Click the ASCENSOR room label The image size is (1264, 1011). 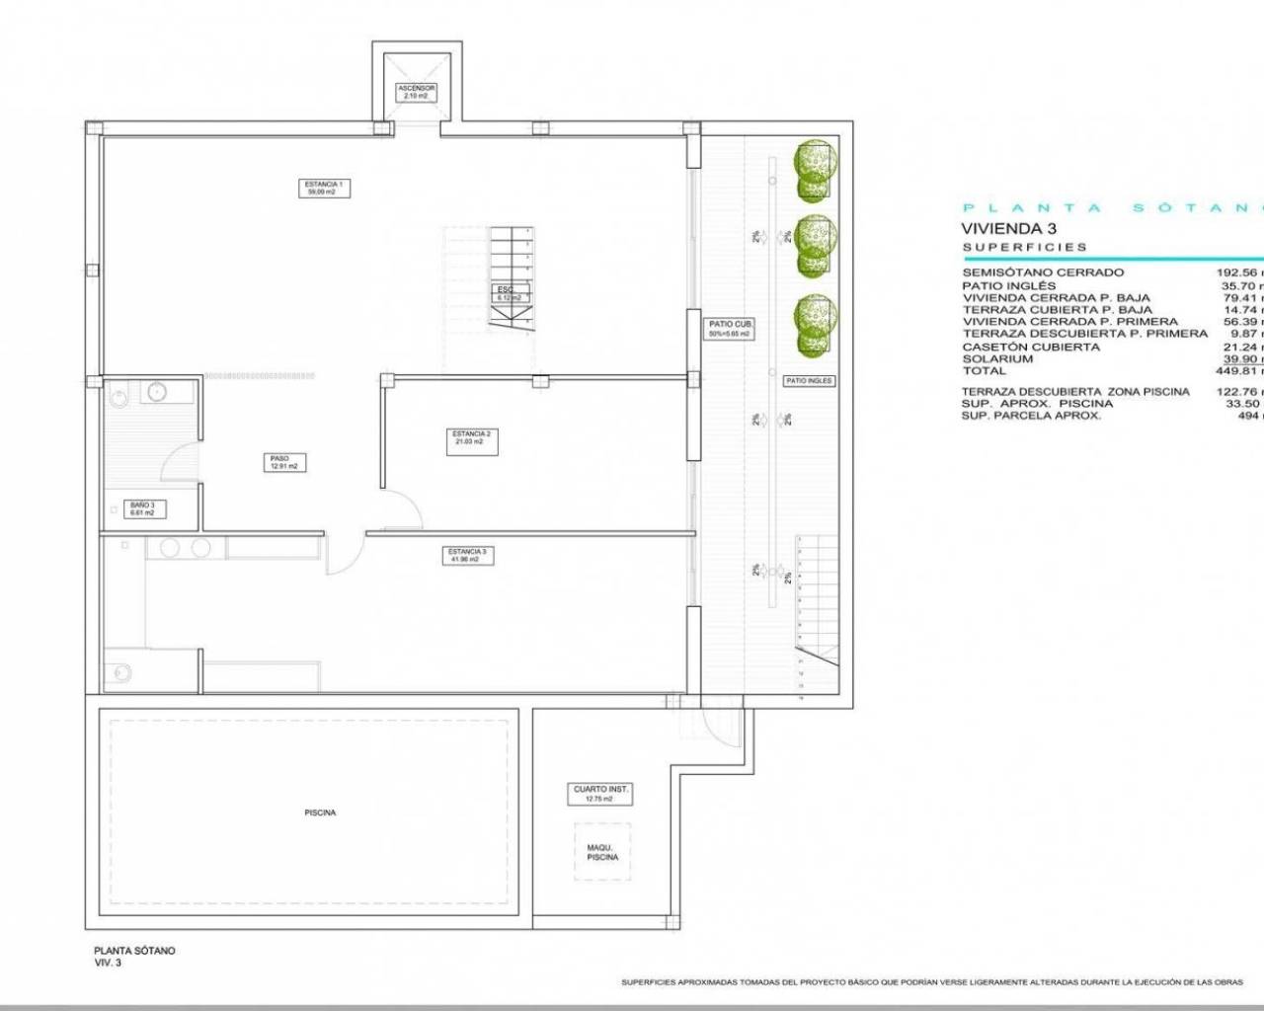pyautogui.click(x=416, y=92)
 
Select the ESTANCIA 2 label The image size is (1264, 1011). pyautogui.click(x=471, y=437)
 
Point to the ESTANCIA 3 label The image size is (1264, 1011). pyautogui.click(x=467, y=556)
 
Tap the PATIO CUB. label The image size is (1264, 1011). pyautogui.click(x=731, y=329)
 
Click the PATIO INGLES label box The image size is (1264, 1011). pyautogui.click(x=809, y=380)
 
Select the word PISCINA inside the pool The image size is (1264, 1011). pyautogui.click(x=320, y=813)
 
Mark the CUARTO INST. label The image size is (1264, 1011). pyautogui.click(x=601, y=794)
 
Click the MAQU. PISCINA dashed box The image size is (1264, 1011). pyautogui.click(x=602, y=851)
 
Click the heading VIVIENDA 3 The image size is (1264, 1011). pyautogui.click(x=1002, y=228)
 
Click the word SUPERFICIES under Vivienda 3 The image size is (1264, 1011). pyautogui.click(x=1025, y=247)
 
